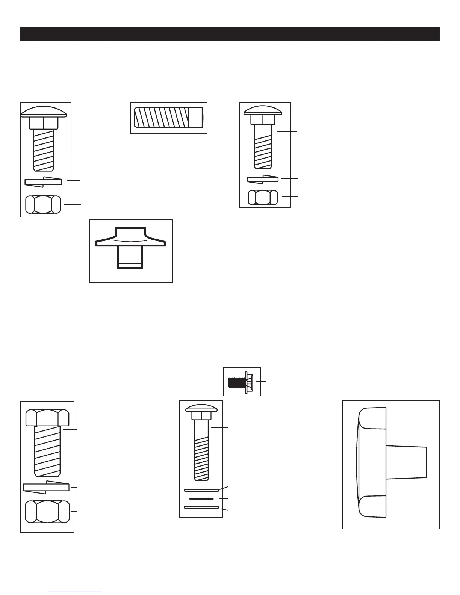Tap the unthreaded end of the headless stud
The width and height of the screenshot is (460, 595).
tap(196, 118)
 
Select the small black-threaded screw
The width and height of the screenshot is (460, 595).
tap(236, 382)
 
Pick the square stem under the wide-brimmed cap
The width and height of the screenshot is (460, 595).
tap(130, 257)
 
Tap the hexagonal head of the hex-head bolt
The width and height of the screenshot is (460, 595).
tap(47, 418)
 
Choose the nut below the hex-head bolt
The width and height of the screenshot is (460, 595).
tap(47, 512)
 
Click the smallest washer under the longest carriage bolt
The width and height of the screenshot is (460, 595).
tap(201, 498)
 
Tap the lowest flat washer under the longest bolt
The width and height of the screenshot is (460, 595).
tap(201, 507)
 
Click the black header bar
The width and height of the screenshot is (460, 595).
tap(230, 34)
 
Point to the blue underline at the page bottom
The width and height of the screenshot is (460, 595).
tap(75, 592)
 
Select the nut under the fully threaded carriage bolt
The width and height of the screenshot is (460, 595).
tap(43, 204)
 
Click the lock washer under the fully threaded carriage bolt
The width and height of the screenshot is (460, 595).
tap(43, 181)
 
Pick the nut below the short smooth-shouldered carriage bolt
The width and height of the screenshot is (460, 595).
tap(263, 197)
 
